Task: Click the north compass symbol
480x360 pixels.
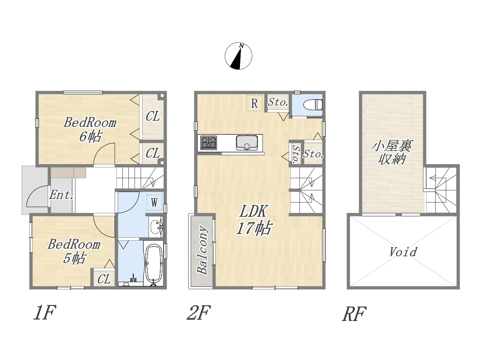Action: click(238, 56)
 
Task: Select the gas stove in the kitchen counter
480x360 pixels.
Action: click(208, 142)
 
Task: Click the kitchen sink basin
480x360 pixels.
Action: click(247, 143)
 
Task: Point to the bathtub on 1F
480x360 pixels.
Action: click(154, 265)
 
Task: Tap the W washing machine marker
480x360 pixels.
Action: click(154, 202)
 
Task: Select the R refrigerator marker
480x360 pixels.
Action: click(254, 103)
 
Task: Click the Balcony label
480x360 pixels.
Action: click(202, 250)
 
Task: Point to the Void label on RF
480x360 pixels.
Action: click(403, 252)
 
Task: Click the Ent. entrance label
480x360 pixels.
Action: click(61, 195)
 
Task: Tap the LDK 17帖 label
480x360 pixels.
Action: click(254, 220)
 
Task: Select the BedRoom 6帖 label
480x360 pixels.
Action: click(90, 129)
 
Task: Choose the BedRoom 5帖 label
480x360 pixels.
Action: click(74, 251)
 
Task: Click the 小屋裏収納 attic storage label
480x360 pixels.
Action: click(391, 152)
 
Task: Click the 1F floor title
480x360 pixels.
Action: click(45, 312)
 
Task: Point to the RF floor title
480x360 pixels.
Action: click(354, 314)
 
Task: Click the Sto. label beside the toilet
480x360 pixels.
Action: click(278, 102)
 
